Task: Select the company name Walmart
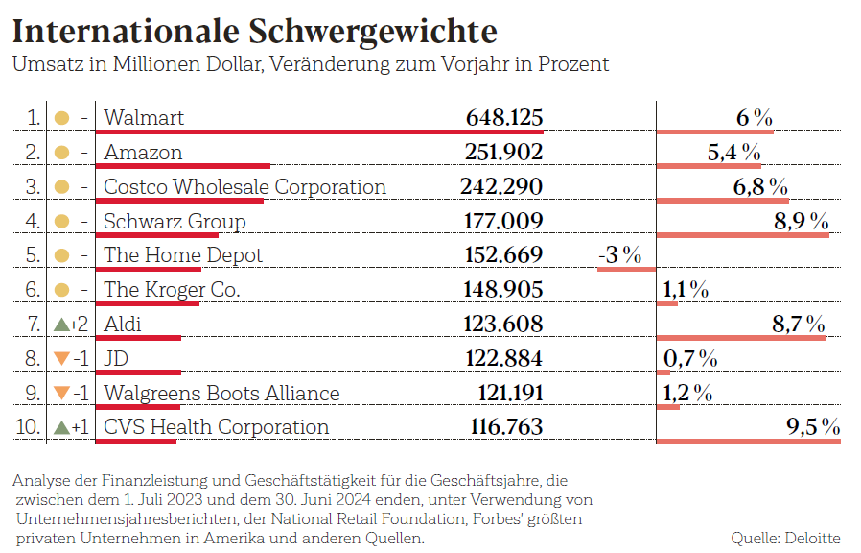click(144, 118)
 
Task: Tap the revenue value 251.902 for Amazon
click(504, 153)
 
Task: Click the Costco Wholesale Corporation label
click(244, 186)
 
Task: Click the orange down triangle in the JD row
click(61, 358)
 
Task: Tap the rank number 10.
click(31, 427)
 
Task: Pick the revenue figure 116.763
click(505, 427)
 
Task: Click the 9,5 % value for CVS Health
click(812, 427)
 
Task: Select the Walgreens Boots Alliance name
click(221, 393)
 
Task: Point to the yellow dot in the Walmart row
click(61, 119)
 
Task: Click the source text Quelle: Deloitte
click(785, 538)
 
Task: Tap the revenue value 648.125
click(504, 118)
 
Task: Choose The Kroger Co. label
click(172, 289)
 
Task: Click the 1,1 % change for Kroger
click(686, 289)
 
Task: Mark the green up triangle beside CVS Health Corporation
click(61, 427)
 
